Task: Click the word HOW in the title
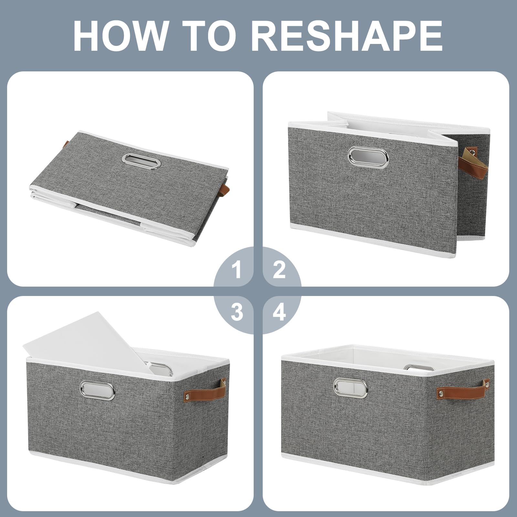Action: coord(120,36)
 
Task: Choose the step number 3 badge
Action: coord(237,312)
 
